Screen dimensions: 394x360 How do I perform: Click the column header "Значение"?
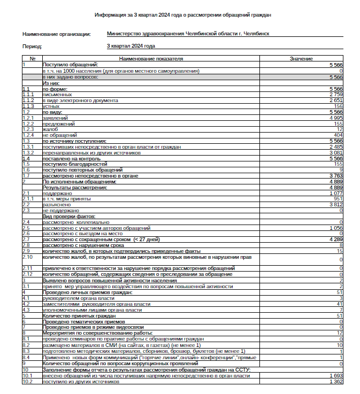pos(301,58)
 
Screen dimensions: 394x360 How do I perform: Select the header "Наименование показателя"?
pos(151,58)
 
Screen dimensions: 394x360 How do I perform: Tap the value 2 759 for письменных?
pos(335,95)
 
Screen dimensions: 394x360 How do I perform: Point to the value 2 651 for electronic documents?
pos(335,101)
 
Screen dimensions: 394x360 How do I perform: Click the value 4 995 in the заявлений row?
pos(335,118)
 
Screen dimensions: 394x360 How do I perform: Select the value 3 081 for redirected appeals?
pos(335,153)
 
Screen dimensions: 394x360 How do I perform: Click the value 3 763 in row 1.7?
pos(335,176)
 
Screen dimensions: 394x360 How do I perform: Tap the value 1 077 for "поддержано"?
pos(335,193)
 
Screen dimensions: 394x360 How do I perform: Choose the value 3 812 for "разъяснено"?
pos(335,205)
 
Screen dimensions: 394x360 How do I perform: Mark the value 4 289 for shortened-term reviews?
pos(335,240)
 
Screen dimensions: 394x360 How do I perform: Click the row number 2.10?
pos(28,257)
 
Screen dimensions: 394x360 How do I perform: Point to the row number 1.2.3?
pos(28,129)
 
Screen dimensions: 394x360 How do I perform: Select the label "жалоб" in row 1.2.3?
pos(50,129)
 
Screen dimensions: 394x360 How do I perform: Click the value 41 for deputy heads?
pos(339,304)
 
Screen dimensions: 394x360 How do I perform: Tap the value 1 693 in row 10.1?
pos(335,376)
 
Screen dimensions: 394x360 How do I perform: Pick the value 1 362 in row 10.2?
pos(335,382)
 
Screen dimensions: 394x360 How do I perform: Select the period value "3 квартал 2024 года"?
pos(131,46)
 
